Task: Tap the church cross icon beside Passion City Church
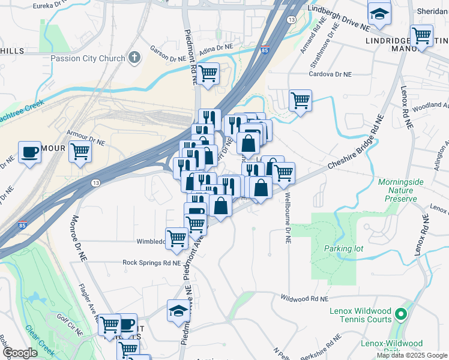[x=134, y=58]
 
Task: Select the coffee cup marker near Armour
[x=29, y=152]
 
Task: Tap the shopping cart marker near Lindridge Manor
[x=422, y=36]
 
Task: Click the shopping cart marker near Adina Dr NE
[x=208, y=74]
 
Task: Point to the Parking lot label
[x=340, y=248]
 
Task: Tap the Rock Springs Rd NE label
[x=151, y=263]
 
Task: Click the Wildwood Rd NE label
[x=306, y=298]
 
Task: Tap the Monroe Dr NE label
[x=79, y=239]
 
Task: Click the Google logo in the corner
[x=20, y=353]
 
